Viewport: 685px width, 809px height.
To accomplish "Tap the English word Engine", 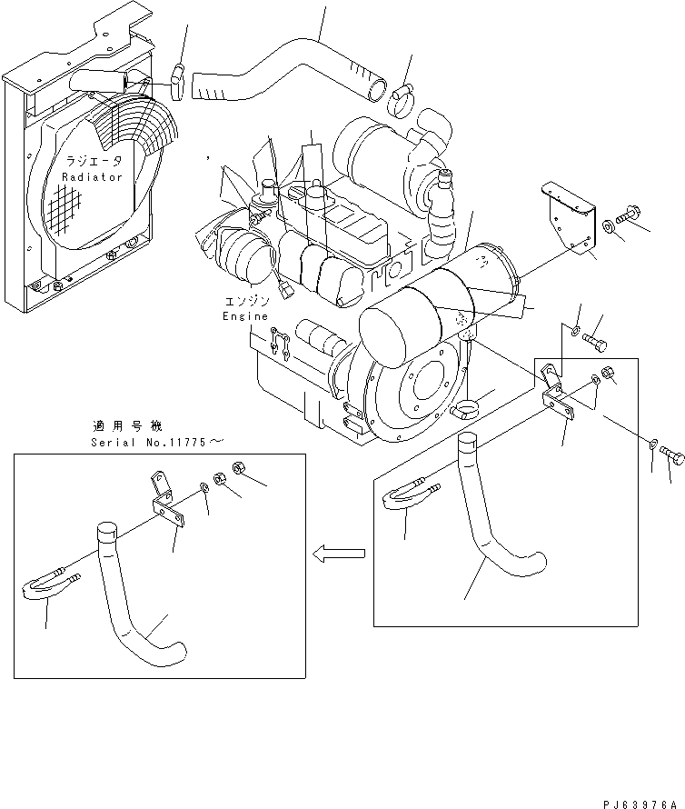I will [245, 316].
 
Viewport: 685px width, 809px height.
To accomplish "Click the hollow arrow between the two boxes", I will [338, 552].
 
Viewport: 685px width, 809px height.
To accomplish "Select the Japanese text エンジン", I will [244, 301].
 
